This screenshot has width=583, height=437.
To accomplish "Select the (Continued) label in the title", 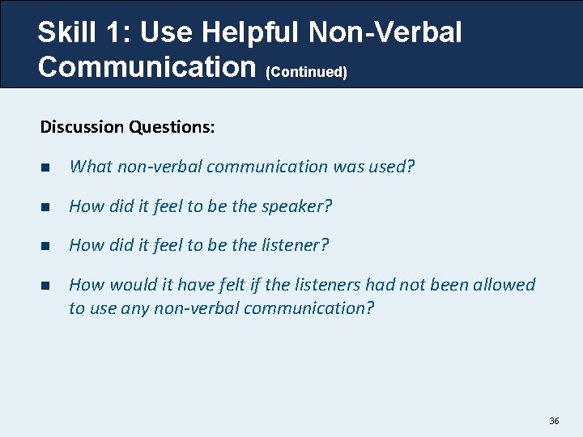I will coord(306,72).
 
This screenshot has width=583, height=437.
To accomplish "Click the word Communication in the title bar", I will coord(147,66).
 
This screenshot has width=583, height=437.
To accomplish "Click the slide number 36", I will coord(554,421).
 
